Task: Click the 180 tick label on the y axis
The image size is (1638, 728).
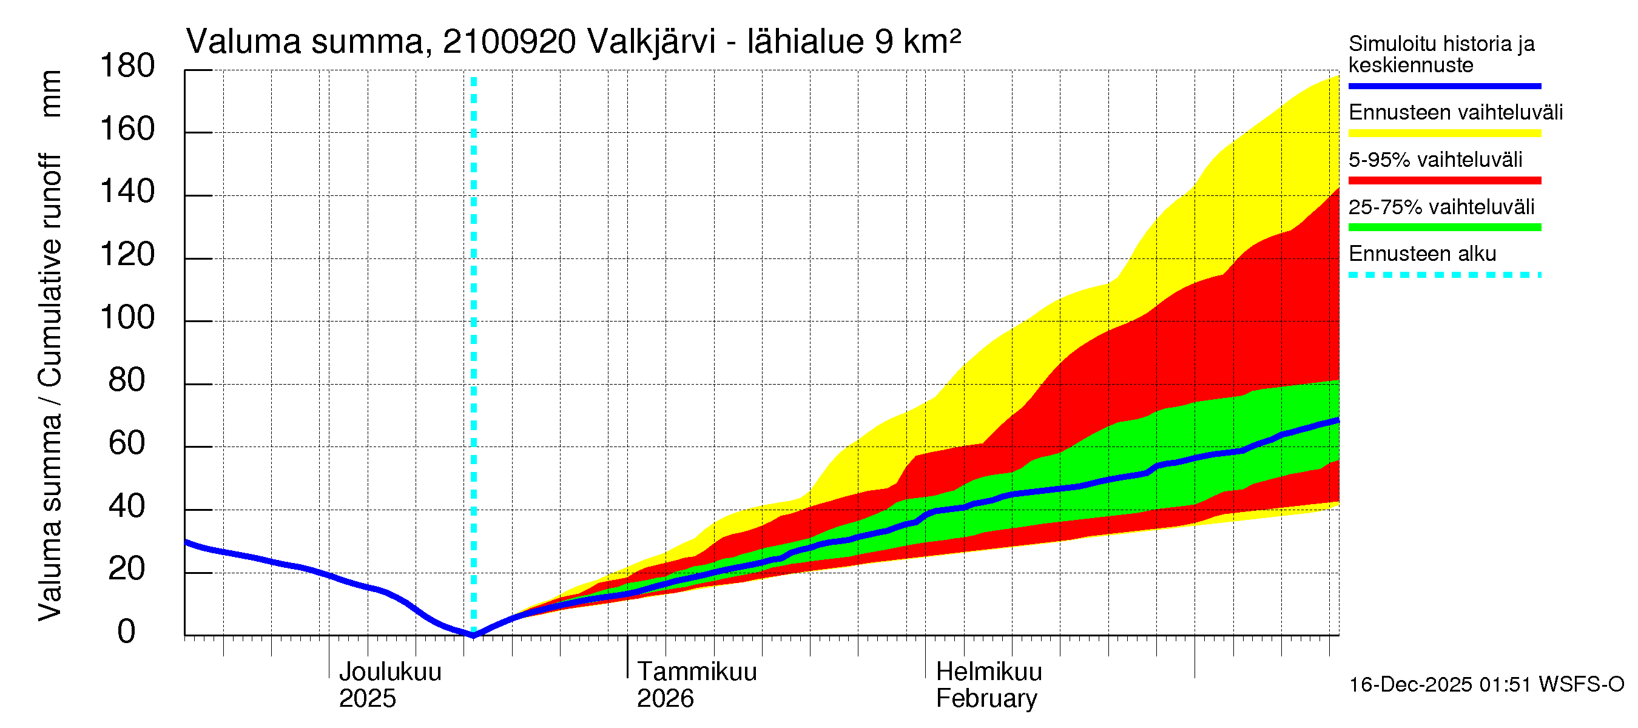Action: click(x=127, y=66)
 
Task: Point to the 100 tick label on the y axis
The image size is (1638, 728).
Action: click(x=127, y=317)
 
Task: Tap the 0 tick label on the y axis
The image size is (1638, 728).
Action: click(x=127, y=632)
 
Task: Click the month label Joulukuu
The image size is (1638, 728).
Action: click(x=390, y=672)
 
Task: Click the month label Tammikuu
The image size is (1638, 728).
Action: click(x=697, y=672)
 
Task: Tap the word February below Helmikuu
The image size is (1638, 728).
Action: click(x=986, y=698)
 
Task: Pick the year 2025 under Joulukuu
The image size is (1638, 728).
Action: click(x=367, y=698)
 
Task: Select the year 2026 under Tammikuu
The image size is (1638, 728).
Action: click(x=665, y=698)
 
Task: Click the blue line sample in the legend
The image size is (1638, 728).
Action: click(x=1444, y=86)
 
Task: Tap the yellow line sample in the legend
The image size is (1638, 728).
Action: click(x=1444, y=133)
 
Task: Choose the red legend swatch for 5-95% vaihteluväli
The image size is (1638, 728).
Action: click(x=1444, y=181)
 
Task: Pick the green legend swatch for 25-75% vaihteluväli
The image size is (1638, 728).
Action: click(x=1444, y=227)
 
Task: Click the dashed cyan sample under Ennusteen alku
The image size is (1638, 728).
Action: click(x=1444, y=275)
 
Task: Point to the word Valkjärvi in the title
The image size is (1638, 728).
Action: click(x=651, y=42)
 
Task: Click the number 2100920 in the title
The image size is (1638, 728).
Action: click(x=509, y=42)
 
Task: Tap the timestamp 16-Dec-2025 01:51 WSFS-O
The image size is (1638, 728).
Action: click(x=1486, y=684)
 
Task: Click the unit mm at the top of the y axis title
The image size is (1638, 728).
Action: click(x=50, y=93)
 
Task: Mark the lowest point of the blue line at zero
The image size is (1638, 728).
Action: click(x=473, y=635)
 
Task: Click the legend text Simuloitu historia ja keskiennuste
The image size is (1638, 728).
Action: click(x=1441, y=54)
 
